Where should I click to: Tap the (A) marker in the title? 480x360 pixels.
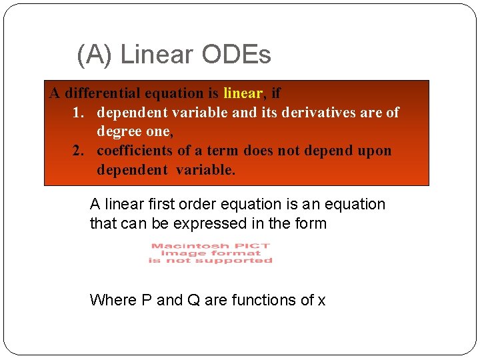pyautogui.click(x=95, y=54)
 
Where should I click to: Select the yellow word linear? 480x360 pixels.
pyautogui.click(x=243, y=93)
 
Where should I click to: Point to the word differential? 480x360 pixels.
pyautogui.click(x=110, y=93)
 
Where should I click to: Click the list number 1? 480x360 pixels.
pyautogui.click(x=78, y=113)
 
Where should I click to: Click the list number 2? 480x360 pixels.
pyautogui.click(x=79, y=151)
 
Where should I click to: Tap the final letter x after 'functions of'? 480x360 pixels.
pyautogui.click(x=321, y=301)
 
